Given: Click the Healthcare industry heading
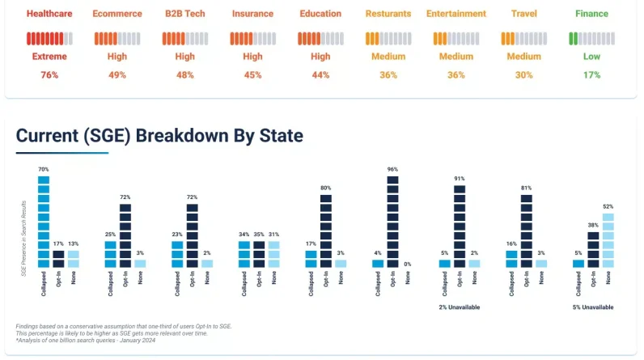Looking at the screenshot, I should click(49, 14).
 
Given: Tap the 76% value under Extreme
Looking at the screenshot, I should click(49, 74).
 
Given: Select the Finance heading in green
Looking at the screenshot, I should click(592, 14).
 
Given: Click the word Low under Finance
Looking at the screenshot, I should click(592, 57).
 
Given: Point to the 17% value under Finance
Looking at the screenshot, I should click(592, 74).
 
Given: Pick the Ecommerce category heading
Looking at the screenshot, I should click(117, 14).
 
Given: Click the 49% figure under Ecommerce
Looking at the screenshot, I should click(117, 74).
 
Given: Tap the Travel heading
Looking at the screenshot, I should click(524, 14).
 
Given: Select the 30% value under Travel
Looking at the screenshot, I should click(524, 74).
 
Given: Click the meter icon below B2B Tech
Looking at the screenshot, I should click(185, 38).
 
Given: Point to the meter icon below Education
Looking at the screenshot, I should click(320, 38).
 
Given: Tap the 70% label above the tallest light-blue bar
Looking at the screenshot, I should click(43, 170).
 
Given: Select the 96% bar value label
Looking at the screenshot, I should click(392, 170).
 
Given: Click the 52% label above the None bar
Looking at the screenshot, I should click(608, 207).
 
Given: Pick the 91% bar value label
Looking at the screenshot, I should click(460, 179).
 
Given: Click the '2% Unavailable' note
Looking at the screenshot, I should click(460, 307).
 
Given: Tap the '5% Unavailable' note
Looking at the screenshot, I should click(593, 307).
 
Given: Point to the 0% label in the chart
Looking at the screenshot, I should click(407, 264).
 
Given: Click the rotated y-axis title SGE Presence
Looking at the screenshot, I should click(23, 239).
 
